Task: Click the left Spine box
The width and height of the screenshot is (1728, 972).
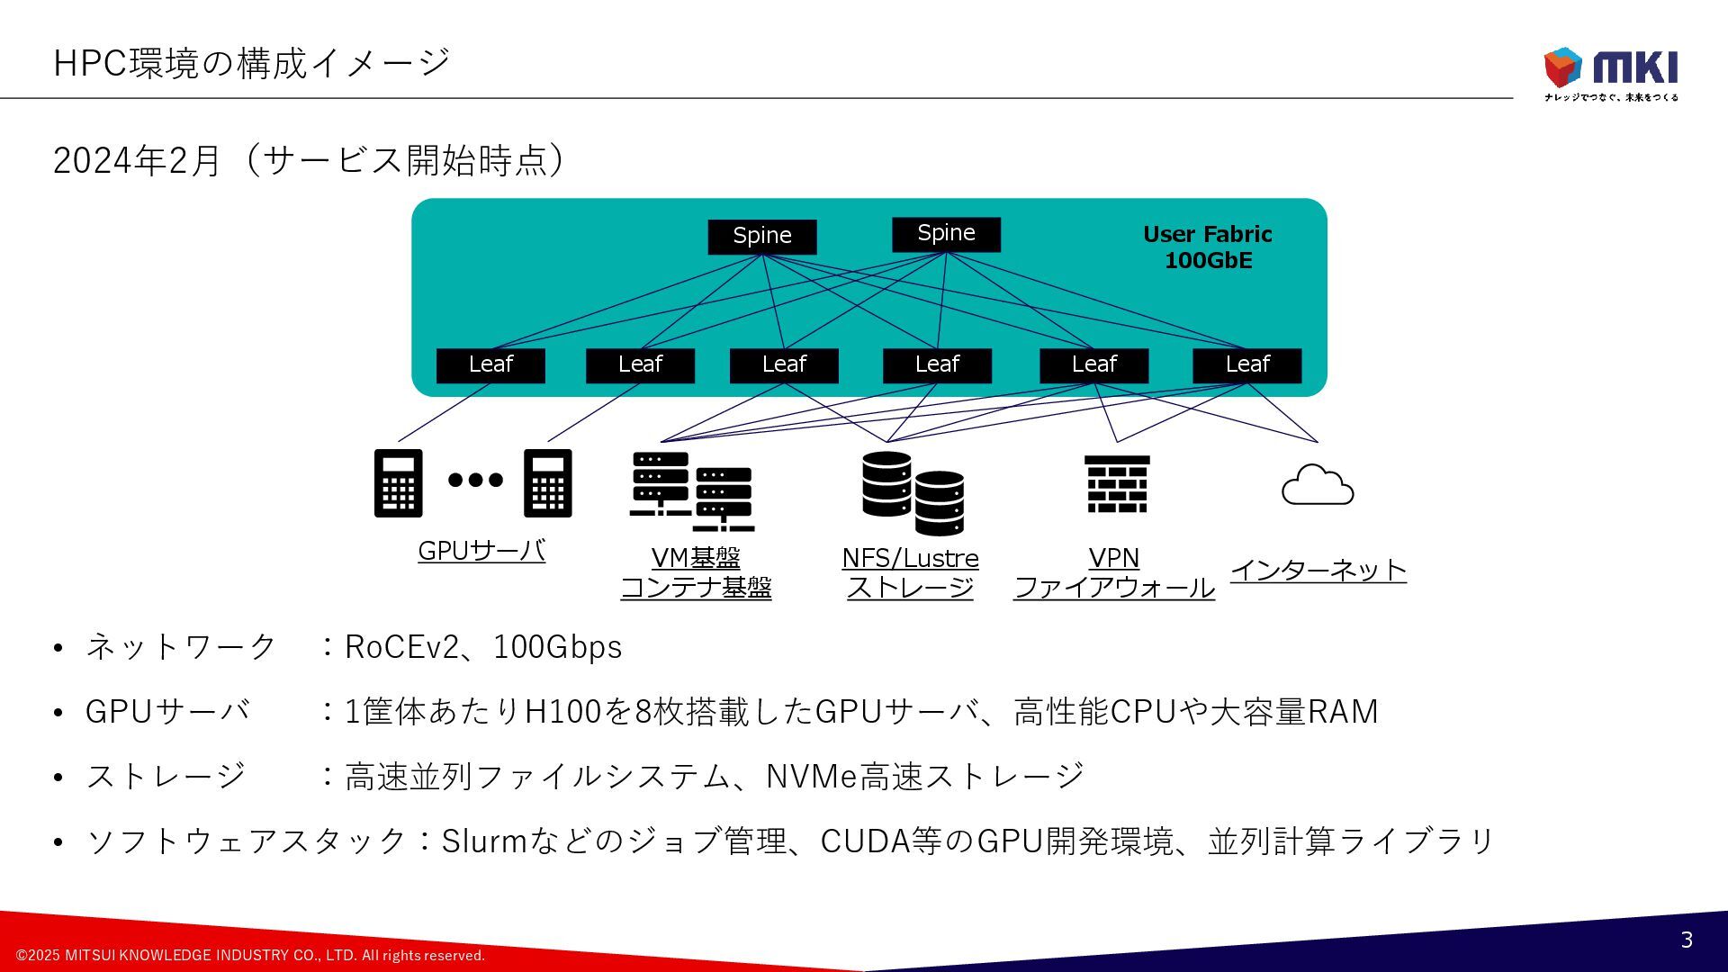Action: pyautogui.click(x=761, y=236)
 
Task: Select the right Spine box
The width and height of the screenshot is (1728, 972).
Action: pyautogui.click(x=946, y=234)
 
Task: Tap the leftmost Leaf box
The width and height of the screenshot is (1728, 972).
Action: pyautogui.click(x=490, y=364)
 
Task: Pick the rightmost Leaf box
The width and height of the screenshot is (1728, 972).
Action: pyautogui.click(x=1246, y=364)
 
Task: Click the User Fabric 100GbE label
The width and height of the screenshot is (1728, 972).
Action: pyautogui.click(x=1208, y=247)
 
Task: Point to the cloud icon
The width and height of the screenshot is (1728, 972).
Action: pyautogui.click(x=1318, y=485)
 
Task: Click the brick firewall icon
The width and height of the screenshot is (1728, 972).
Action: pyautogui.click(x=1117, y=484)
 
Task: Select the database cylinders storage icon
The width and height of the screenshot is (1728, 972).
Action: pyautogui.click(x=913, y=492)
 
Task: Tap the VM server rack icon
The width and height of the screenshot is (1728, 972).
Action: pyautogui.click(x=691, y=491)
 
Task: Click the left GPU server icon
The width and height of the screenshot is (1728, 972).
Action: pyautogui.click(x=398, y=483)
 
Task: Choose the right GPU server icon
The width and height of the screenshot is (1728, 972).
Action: pyautogui.click(x=548, y=483)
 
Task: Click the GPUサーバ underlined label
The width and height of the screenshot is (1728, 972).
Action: pyautogui.click(x=481, y=550)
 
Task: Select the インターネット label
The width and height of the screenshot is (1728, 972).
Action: pyautogui.click(x=1318, y=570)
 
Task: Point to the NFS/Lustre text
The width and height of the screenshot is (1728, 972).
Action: pyautogui.click(x=910, y=558)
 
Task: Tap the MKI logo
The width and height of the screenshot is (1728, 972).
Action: pyautogui.click(x=1611, y=72)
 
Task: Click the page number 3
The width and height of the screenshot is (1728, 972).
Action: pyautogui.click(x=1687, y=940)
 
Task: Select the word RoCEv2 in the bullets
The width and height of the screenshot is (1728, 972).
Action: pyautogui.click(x=401, y=647)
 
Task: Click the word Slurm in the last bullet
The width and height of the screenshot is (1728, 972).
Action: pyautogui.click(x=483, y=841)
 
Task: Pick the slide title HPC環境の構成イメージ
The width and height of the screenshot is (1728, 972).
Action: pyautogui.click(x=252, y=63)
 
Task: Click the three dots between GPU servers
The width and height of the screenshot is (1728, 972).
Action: pyautogui.click(x=475, y=480)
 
